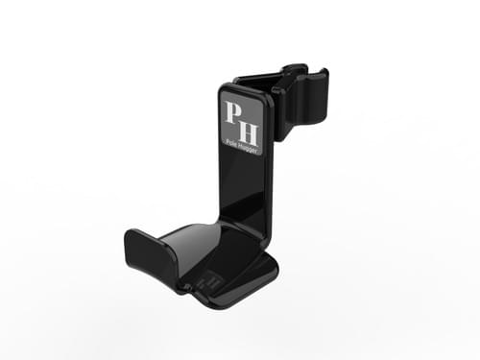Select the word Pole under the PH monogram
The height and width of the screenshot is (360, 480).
pos(232,138)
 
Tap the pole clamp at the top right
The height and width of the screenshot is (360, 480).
pos(294,96)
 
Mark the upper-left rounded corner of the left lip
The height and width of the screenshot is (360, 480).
pos(129,232)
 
